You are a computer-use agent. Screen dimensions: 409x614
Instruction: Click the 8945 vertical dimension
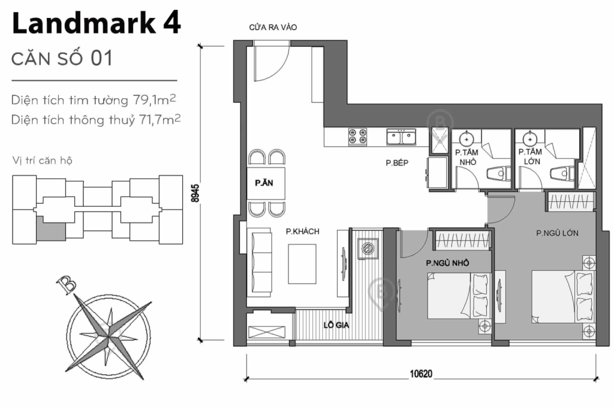pyautogui.click(x=195, y=193)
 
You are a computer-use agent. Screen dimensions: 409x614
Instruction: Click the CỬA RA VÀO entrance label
pyautogui.click(x=273, y=28)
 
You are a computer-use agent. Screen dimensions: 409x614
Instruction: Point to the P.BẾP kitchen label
pyautogui.click(x=397, y=162)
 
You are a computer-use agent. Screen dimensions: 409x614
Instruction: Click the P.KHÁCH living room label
pyautogui.click(x=302, y=231)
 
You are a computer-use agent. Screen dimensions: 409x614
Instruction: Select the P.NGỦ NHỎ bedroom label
pyautogui.click(x=447, y=263)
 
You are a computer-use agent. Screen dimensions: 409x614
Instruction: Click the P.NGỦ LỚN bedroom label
pyautogui.click(x=557, y=234)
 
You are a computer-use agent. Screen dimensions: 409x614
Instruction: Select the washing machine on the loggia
pyautogui.click(x=368, y=248)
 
